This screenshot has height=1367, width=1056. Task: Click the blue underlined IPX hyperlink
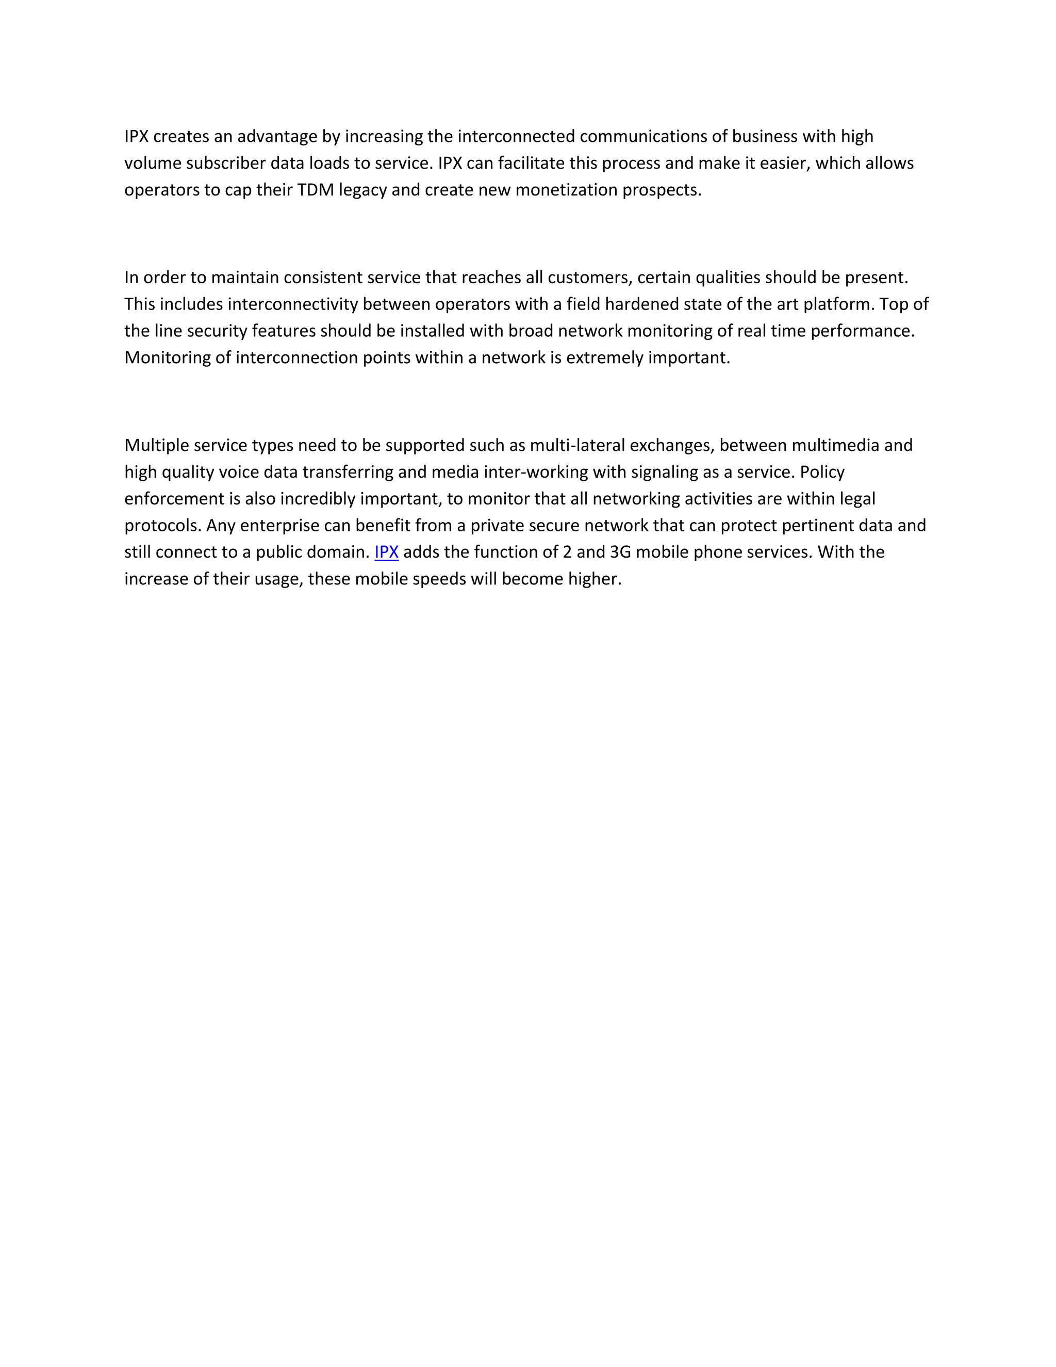(x=386, y=552)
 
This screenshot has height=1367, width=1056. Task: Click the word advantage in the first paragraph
(x=277, y=137)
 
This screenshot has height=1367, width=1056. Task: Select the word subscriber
(x=226, y=164)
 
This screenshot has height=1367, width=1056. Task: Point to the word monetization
(x=566, y=190)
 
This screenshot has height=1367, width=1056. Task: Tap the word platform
(x=838, y=304)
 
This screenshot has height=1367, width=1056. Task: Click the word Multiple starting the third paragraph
(x=157, y=445)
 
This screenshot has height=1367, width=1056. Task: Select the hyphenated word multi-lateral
(x=577, y=445)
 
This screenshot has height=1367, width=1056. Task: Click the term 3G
(x=620, y=552)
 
